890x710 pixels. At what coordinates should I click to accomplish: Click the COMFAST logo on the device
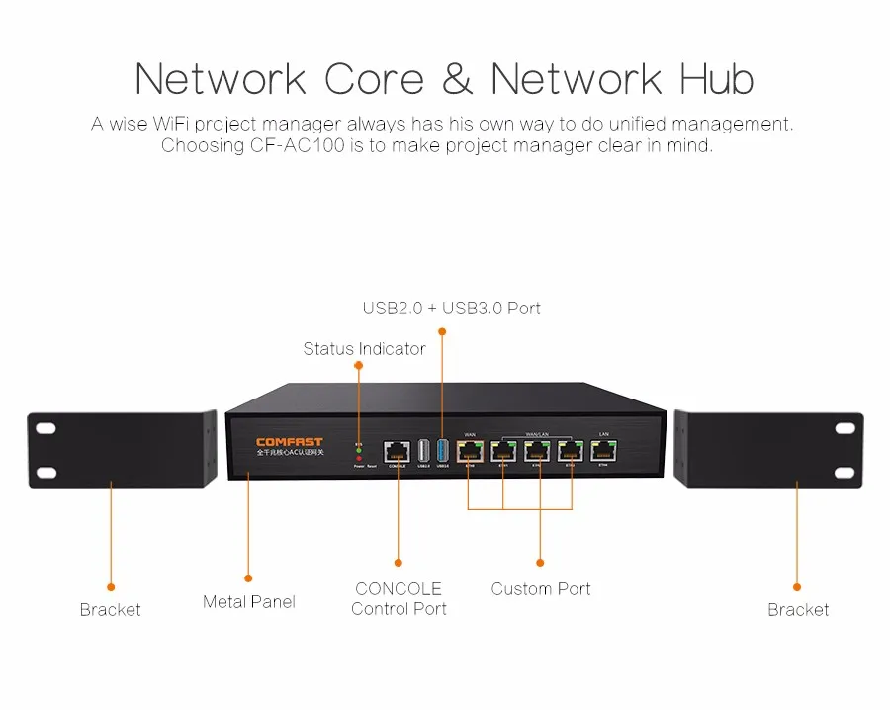pos(289,442)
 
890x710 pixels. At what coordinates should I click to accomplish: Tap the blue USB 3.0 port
pos(442,449)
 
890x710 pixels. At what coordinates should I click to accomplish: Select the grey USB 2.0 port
pos(423,449)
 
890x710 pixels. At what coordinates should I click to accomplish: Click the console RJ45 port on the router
pos(398,450)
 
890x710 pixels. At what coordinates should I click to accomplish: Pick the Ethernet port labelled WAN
pos(470,450)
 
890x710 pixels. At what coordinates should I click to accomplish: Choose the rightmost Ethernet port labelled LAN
pos(603,450)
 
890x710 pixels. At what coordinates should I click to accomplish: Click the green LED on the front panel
pos(359,448)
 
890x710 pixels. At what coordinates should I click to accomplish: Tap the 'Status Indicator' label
pos(364,348)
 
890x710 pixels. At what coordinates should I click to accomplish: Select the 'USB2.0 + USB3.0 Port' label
pos(451,308)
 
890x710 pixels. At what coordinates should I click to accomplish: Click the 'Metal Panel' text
pos(248,601)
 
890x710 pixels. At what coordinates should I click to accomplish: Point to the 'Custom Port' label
pos(540,588)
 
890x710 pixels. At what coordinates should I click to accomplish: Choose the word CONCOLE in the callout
pos(399,588)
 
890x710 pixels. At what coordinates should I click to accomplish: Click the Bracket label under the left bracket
pos(110,610)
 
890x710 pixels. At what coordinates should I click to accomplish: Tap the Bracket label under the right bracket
pos(798,610)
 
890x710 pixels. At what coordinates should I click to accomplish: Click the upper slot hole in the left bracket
pos(45,429)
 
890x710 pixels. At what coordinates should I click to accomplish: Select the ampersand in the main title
pos(458,79)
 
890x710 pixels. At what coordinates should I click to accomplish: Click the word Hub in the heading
pos(715,79)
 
